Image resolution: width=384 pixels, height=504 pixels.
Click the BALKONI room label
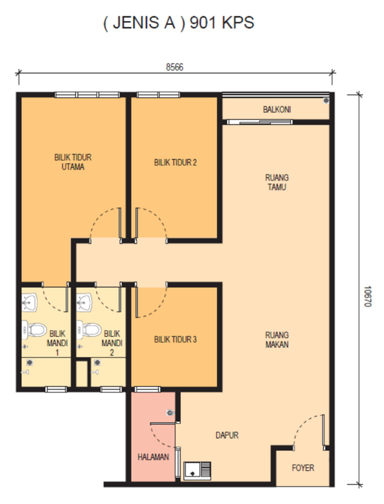coord(277,110)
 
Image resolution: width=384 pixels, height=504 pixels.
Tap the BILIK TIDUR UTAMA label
coord(73,162)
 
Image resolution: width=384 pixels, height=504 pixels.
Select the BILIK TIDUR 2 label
coord(175,163)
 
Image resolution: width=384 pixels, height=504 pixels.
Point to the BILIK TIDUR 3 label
coord(175,339)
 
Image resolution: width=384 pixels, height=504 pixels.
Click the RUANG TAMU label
coord(277,182)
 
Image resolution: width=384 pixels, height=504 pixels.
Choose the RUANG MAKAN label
coord(277,340)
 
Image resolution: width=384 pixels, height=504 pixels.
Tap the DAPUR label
coord(227,435)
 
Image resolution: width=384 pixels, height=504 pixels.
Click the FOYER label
coord(303,468)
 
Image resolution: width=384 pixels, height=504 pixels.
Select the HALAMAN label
coord(153,457)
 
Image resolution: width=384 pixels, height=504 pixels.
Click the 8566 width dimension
coord(175,67)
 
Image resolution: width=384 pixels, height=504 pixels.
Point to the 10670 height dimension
coord(368,296)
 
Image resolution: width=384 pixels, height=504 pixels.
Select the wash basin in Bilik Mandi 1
coord(29,302)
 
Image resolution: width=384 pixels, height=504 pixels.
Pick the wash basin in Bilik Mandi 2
coord(84,302)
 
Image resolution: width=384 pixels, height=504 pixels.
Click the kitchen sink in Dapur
coord(197,470)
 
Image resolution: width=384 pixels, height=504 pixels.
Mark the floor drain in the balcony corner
coord(326,100)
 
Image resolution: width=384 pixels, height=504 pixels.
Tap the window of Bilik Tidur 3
coord(147,389)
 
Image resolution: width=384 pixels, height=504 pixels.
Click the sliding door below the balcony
coord(260,122)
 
